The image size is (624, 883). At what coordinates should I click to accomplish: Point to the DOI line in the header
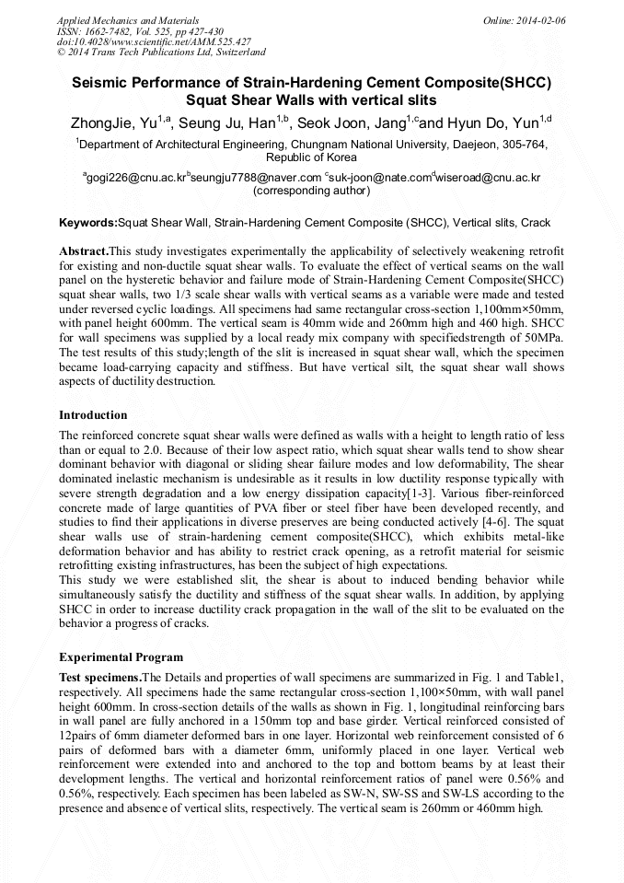click(x=155, y=41)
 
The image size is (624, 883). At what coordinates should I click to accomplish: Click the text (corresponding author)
click(x=311, y=191)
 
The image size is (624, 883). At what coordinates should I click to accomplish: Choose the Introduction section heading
click(x=93, y=415)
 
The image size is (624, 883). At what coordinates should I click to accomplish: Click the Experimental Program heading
click(x=121, y=657)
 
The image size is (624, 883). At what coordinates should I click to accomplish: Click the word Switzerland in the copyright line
click(x=238, y=52)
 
